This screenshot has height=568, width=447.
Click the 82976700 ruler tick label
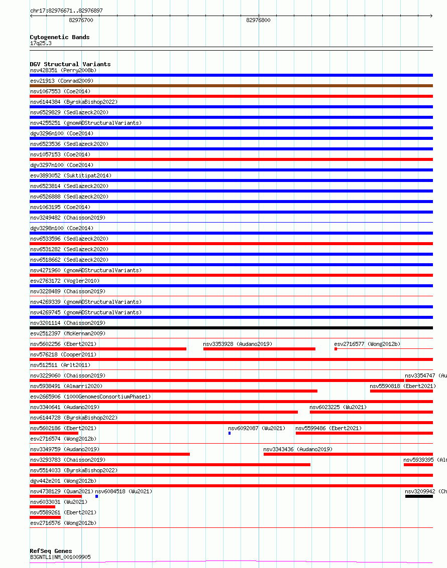point(81,21)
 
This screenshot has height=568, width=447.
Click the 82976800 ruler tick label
point(258,21)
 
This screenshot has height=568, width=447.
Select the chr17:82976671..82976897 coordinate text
point(66,11)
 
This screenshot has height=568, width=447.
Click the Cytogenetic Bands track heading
point(60,37)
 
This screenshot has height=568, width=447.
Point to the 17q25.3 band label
point(41,43)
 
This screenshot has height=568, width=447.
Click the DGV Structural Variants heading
point(70,64)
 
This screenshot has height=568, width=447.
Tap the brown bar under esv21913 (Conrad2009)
point(231,86)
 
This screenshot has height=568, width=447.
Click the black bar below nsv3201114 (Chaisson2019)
point(231,328)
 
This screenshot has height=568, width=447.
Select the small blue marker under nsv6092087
point(230,433)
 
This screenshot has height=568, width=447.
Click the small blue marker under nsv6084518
point(96,496)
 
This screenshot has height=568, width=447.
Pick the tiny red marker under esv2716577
point(336,349)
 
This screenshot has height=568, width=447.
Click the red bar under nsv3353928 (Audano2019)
point(259,349)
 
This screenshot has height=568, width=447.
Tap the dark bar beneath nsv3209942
point(419,496)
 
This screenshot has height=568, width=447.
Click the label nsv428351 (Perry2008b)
point(63,70)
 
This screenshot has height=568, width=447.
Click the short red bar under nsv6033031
point(43,507)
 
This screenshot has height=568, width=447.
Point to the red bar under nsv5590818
point(401,391)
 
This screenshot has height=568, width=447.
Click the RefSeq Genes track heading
point(51,551)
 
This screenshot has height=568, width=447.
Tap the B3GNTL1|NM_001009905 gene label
point(60,557)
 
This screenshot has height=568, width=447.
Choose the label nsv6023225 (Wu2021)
point(338,407)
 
